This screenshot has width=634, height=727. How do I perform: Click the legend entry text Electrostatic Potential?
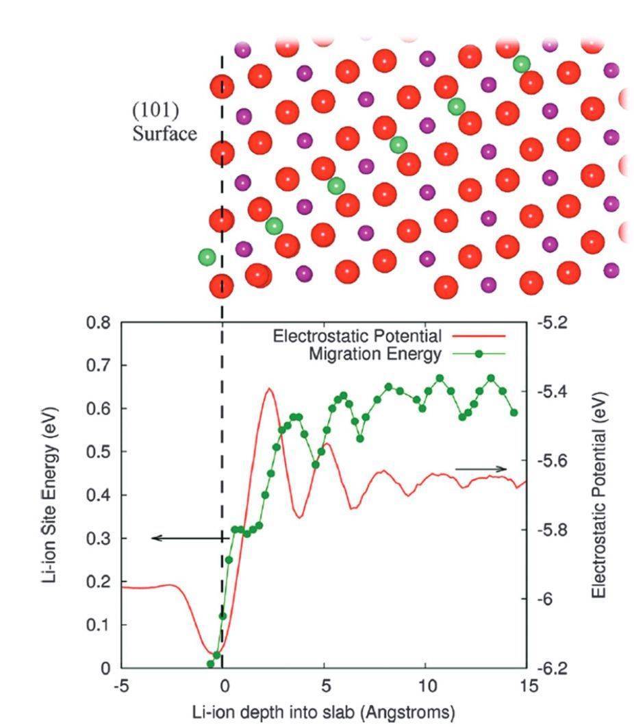coord(357,336)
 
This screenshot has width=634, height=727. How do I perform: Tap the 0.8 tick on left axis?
coord(99,323)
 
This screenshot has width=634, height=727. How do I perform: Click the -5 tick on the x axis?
coord(121,685)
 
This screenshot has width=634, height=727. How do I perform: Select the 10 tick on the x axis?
coord(426,685)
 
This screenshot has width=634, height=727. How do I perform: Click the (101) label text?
coord(155,111)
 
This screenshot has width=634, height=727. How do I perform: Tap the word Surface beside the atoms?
coord(164,133)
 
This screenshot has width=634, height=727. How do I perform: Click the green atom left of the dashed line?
coord(207,258)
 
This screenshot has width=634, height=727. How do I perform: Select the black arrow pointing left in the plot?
coord(188,539)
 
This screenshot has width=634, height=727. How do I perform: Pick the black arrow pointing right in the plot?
coord(481,469)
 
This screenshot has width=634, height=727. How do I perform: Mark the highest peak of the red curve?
coord(269,389)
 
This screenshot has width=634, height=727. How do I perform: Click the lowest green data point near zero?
coord(211,664)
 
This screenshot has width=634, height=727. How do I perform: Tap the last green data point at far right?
coord(514,412)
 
